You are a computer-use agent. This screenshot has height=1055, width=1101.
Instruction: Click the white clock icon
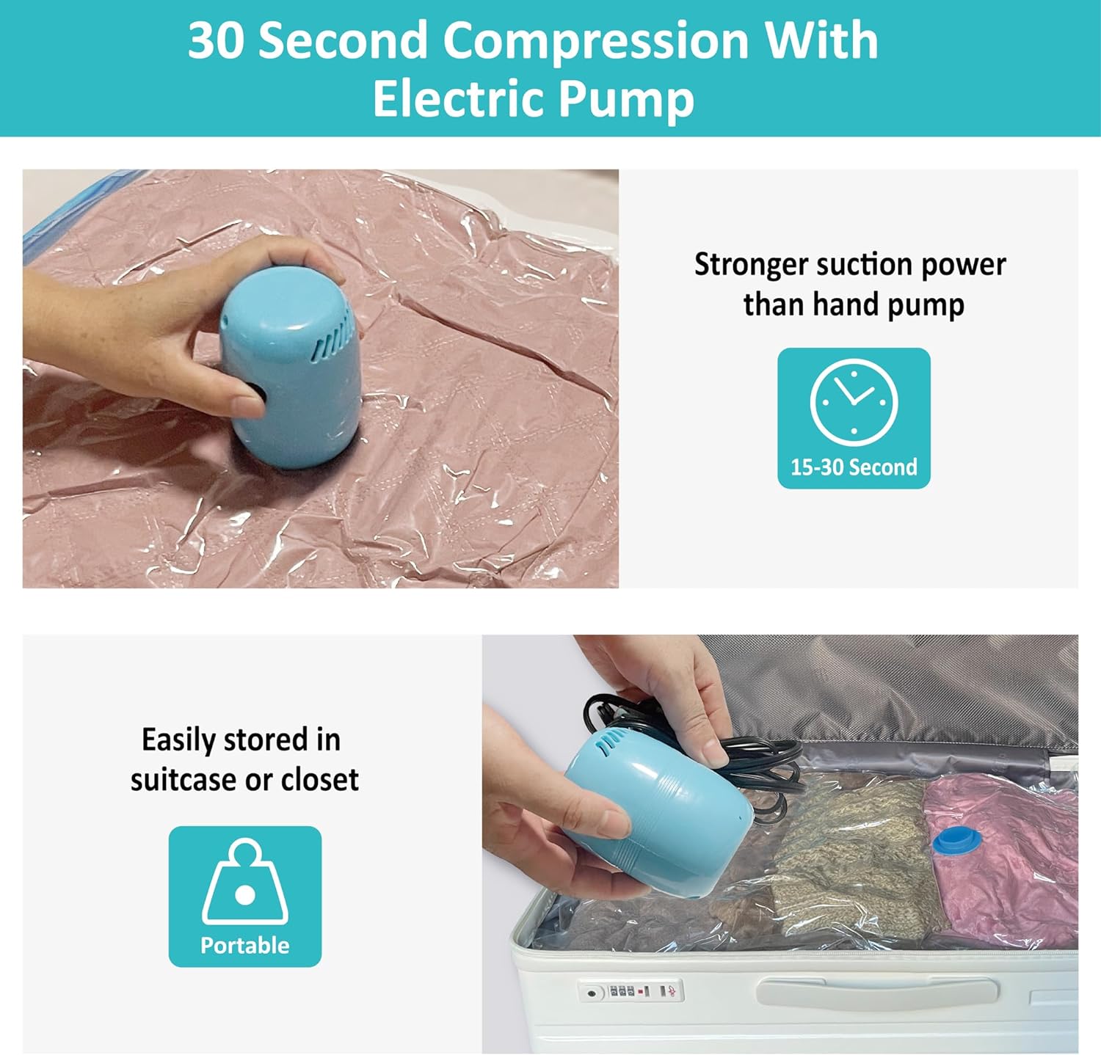pos(854,401)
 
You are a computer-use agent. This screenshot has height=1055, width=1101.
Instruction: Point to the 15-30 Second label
pos(854,467)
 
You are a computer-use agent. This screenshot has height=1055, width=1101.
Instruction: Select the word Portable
pos(245,945)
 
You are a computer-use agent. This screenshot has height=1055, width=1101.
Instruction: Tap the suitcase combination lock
pos(632,991)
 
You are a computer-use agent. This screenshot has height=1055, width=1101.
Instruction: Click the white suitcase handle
pos(877,991)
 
